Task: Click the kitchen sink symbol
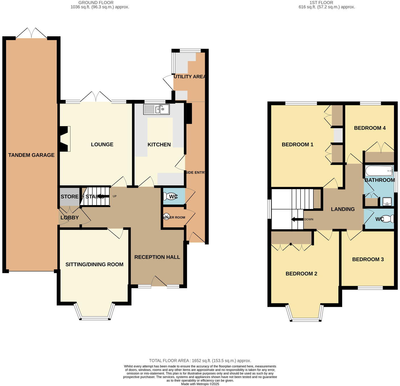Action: pos(157,109)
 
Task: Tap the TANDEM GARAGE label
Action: pos(31,155)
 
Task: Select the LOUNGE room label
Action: pos(102,145)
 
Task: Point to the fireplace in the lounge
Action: pos(65,139)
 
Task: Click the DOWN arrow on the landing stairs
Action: pos(297,219)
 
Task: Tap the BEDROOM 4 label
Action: pos(370,128)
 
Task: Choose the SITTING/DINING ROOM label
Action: pos(94,264)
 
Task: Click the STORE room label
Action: pos(69,197)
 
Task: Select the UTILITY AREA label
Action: pos(189,77)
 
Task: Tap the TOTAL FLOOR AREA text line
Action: pos(200,361)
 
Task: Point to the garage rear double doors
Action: pos(31,33)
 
